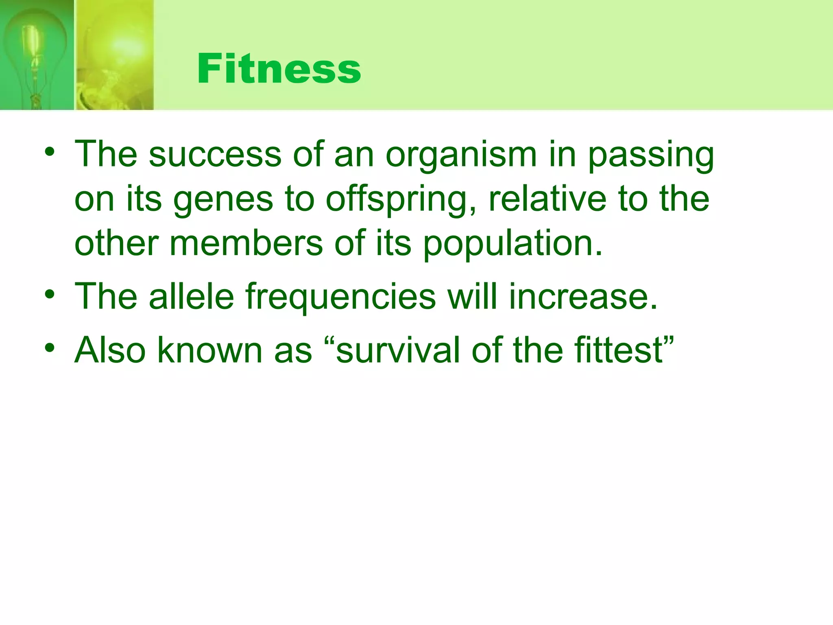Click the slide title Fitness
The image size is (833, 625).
pos(279,69)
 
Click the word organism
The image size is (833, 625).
pos(461,155)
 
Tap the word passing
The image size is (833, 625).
pos(651,155)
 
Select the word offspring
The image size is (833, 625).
pos(401,200)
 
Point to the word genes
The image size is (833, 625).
pos(223,200)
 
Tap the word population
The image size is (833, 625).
pos(512,244)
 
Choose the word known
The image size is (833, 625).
pos(209,350)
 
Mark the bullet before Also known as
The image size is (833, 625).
pos(50,348)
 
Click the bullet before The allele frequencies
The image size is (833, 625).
pos(50,295)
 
